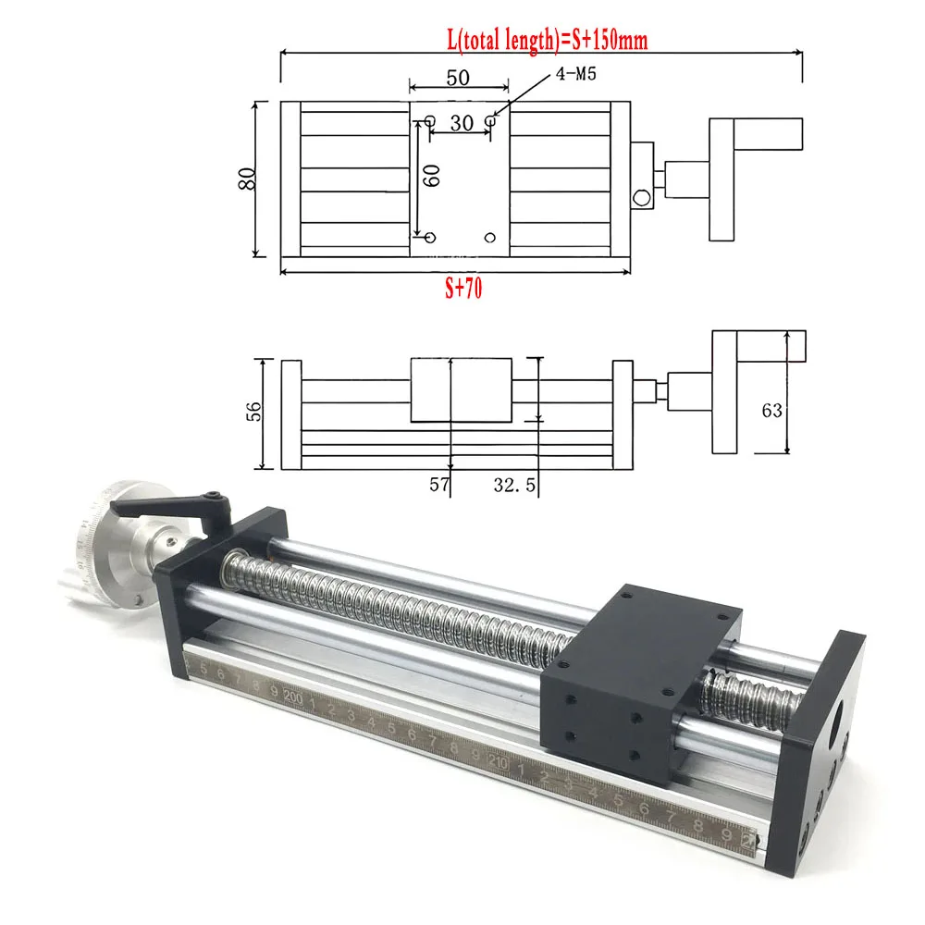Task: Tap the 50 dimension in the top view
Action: [x=458, y=79]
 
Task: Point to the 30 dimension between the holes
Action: [x=460, y=122]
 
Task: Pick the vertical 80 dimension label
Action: [x=246, y=178]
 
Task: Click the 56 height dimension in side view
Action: [x=255, y=412]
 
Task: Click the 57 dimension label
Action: [x=438, y=484]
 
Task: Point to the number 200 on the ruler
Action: [x=294, y=696]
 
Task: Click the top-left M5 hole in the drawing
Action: [x=430, y=120]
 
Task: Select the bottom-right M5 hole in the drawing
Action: [x=490, y=237]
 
